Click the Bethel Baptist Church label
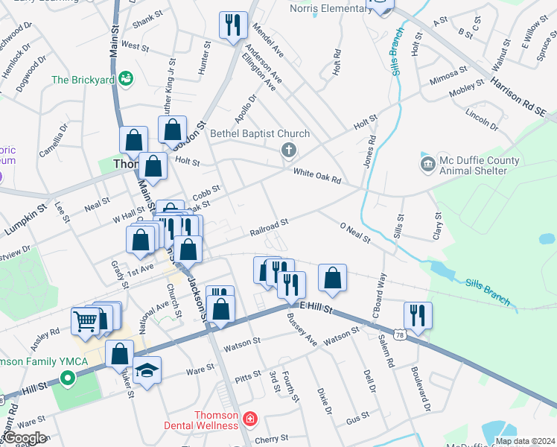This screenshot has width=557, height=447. (259, 134)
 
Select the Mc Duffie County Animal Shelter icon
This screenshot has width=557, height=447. (427, 164)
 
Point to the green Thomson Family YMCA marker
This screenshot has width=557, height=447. (69, 378)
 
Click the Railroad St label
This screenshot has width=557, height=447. (269, 227)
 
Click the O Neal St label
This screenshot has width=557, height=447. (354, 232)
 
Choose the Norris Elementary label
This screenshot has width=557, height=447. (331, 8)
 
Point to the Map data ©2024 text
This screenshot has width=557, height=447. (525, 441)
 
